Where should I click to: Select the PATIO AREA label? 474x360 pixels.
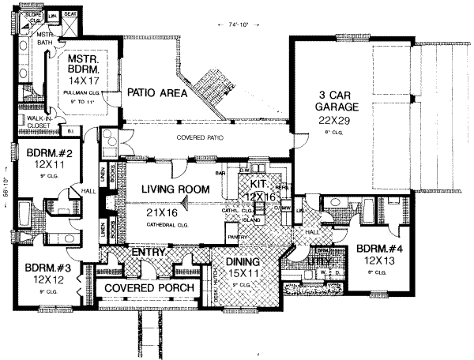click(157, 92)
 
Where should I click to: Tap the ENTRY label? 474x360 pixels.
click(148, 251)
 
